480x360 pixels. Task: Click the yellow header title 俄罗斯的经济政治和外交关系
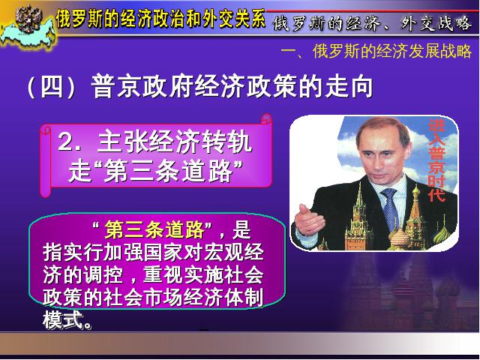click(x=160, y=18)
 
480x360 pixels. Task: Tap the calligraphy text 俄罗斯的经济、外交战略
click(x=372, y=23)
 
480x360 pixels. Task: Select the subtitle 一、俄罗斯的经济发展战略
click(x=376, y=51)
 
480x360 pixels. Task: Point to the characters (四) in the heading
click(x=51, y=87)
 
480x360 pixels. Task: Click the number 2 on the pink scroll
click(x=65, y=142)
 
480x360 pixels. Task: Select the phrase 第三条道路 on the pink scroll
click(x=168, y=171)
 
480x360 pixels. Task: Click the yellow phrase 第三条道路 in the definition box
click(x=154, y=229)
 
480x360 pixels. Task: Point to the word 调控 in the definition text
click(x=103, y=274)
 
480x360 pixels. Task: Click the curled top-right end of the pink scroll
click(x=266, y=118)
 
